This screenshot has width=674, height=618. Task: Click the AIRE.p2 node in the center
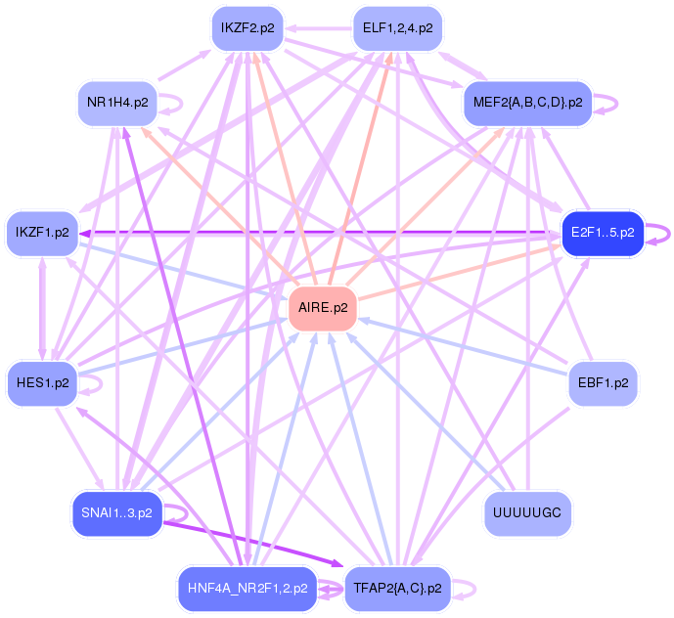coord(323,308)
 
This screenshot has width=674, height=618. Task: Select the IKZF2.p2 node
coord(247,27)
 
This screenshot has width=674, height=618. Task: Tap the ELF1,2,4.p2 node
coord(397,27)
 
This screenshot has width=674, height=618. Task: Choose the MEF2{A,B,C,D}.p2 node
coord(527,102)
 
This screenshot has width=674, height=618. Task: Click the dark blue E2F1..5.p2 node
coord(602,233)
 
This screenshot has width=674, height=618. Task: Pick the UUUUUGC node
coord(528,514)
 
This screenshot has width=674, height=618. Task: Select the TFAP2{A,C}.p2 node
coord(397,589)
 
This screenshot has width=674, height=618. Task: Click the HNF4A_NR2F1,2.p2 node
coord(247,589)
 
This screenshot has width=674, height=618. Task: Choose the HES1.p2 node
coord(42,382)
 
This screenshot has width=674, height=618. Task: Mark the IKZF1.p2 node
coord(42,233)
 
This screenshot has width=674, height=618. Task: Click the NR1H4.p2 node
coord(116,102)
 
